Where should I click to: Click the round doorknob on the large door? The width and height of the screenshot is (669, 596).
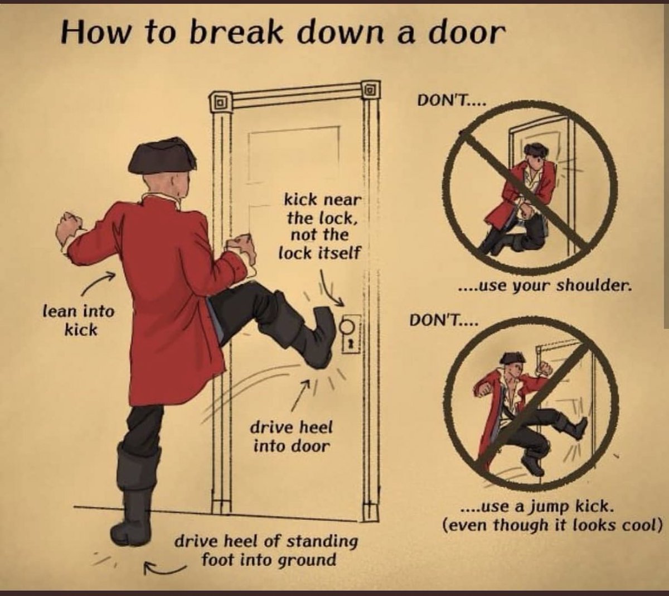coord(348,326)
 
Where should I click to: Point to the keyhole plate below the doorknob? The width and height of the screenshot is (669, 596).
coord(352,343)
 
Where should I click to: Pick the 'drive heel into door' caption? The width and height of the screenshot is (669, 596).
coord(291,436)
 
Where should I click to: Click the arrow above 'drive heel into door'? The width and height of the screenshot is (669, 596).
coord(304,393)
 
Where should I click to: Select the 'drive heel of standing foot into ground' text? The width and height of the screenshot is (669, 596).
coord(266,550)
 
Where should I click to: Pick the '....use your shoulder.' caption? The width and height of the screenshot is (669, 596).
coord(545,286)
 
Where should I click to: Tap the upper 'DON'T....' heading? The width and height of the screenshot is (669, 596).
coord(451,102)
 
